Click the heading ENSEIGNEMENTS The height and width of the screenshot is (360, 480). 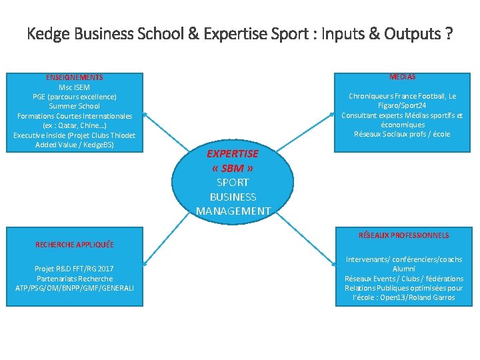[75, 77]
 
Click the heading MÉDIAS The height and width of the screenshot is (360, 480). [402, 77]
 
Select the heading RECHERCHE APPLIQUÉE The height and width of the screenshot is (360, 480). [75, 245]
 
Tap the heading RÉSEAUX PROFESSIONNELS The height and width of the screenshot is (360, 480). [403, 235]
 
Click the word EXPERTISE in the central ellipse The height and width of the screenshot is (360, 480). [233, 153]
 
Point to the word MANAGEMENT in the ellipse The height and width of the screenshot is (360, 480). [233, 211]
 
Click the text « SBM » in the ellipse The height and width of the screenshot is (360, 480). [233, 168]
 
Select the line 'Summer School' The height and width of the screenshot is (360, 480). [75, 106]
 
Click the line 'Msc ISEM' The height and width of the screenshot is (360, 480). [75, 87]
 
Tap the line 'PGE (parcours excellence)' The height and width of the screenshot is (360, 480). [75, 97]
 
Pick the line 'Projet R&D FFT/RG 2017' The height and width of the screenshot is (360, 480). [75, 269]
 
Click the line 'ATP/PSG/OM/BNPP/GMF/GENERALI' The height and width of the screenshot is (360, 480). [75, 287]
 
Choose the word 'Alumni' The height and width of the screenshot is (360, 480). [403, 269]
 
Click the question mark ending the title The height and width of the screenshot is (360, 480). [449, 34]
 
